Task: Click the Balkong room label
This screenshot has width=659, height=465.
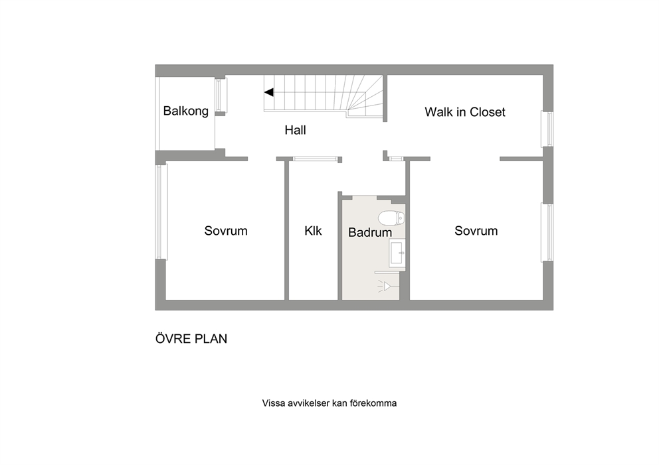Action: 186,111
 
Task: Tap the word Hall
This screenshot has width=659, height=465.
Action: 295,130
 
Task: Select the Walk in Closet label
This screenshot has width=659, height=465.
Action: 465,112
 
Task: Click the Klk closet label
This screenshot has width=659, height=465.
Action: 313,231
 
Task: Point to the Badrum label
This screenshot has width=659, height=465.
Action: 370,232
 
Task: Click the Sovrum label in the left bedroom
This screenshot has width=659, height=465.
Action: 226,231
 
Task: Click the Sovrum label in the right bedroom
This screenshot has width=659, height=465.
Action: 476,231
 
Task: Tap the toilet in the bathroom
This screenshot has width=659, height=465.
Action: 391,218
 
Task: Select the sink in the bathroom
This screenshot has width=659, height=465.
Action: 397,253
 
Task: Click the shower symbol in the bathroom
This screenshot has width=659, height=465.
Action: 387,286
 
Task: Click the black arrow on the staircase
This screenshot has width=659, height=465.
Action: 269,92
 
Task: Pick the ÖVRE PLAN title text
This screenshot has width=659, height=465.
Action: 191,338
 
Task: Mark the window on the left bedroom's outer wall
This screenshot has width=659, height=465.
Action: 159,212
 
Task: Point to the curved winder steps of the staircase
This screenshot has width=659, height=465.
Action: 365,97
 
